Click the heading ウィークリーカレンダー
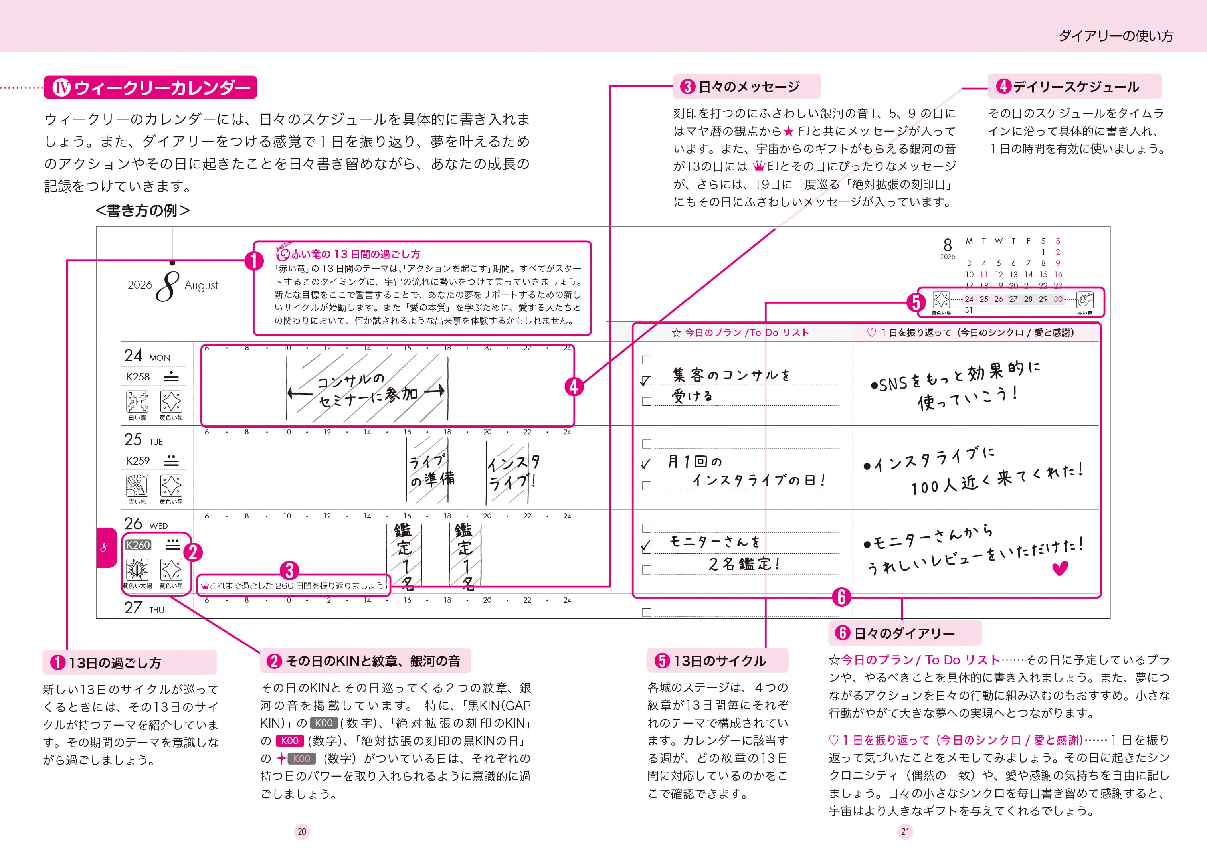[162, 87]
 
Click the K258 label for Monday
[138, 377]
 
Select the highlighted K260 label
[139, 545]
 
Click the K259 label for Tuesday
[138, 461]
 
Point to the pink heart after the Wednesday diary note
[1060, 569]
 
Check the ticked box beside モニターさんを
[646, 548]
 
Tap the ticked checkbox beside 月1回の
[646, 465]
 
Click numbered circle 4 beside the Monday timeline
[574, 387]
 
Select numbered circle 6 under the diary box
[841, 597]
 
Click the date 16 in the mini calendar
[1058, 275]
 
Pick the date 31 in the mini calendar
[969, 310]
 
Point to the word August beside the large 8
[201, 286]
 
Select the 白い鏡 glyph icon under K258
[137, 401]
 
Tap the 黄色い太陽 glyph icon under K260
[137, 569]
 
